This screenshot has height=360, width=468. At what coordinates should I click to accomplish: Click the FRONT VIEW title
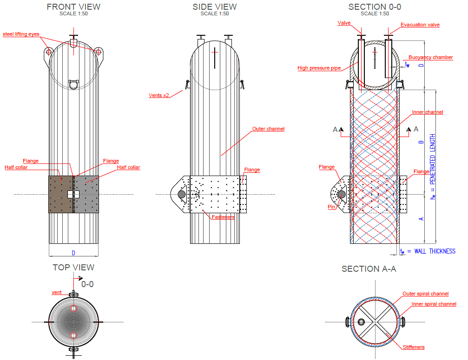(73, 7)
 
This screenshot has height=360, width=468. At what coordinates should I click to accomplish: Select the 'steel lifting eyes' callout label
(21, 34)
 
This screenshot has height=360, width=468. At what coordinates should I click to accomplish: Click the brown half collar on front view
(61, 194)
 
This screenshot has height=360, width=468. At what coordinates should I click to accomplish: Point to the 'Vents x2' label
(159, 95)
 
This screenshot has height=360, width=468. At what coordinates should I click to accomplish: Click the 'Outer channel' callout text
(268, 129)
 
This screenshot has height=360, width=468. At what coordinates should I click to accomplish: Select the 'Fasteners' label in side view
(223, 216)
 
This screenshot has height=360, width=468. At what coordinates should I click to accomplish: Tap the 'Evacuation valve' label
(420, 25)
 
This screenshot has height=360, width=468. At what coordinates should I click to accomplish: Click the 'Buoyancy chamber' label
(430, 57)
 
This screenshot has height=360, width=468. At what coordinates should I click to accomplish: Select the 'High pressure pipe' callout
(319, 68)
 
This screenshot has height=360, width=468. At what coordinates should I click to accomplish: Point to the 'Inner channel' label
(428, 112)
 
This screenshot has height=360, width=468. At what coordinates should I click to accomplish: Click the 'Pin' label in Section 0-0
(331, 207)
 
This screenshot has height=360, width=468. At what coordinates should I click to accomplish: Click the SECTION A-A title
(369, 269)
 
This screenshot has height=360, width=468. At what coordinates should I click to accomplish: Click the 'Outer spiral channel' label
(425, 294)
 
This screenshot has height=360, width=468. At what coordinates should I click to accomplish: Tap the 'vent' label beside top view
(56, 292)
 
